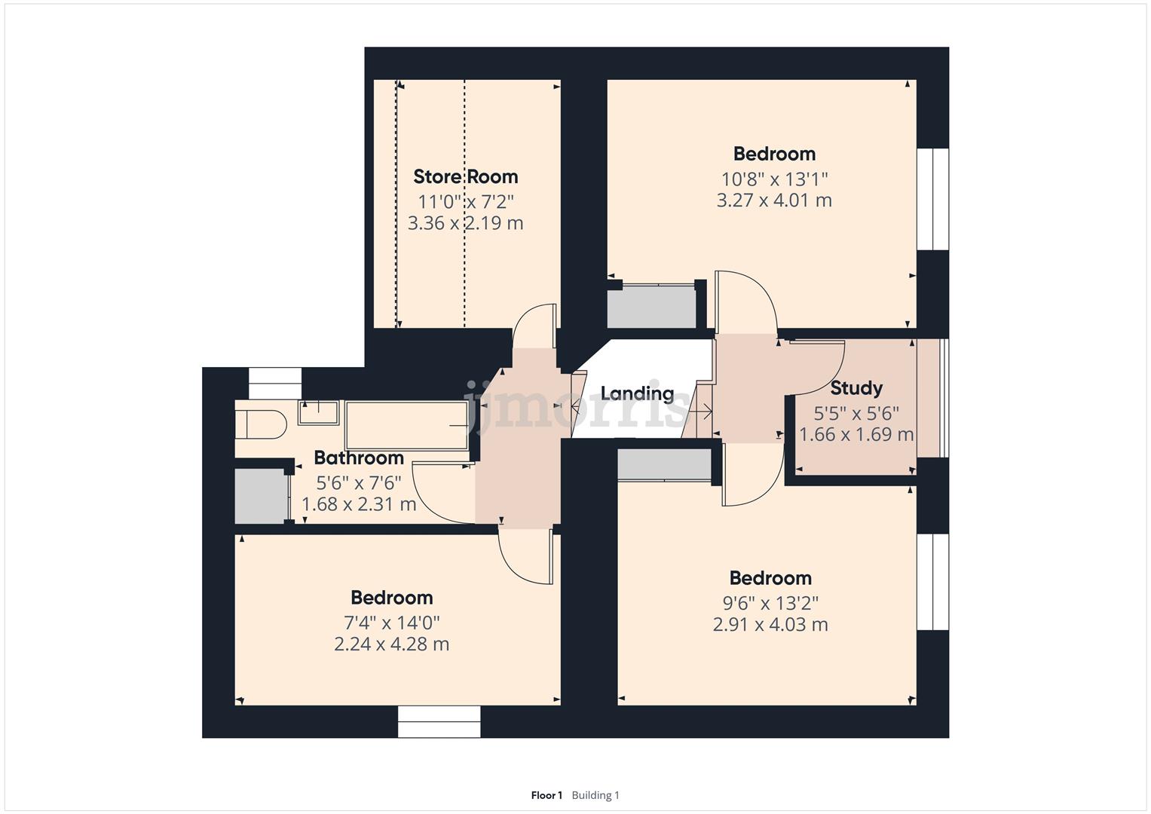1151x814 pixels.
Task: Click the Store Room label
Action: click(465, 176)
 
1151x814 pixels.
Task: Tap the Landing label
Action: click(637, 393)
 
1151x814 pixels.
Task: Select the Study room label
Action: click(856, 388)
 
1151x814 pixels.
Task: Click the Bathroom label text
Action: click(358, 457)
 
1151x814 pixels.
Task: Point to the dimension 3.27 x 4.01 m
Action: click(773, 200)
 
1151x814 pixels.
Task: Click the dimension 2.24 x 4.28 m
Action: click(391, 644)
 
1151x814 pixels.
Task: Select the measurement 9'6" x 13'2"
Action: click(770, 603)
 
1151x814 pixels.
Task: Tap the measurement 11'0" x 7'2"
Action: click(465, 201)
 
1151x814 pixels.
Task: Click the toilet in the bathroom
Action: click(260, 424)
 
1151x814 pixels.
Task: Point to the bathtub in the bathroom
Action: click(406, 426)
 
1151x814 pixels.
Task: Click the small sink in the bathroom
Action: click(318, 413)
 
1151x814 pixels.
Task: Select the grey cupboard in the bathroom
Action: click(260, 496)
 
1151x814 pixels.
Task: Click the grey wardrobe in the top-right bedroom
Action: click(652, 306)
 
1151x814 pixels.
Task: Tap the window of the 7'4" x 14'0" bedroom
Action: click(439, 721)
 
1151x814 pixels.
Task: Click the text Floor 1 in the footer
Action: click(546, 795)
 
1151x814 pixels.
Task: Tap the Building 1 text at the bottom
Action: click(595, 795)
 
